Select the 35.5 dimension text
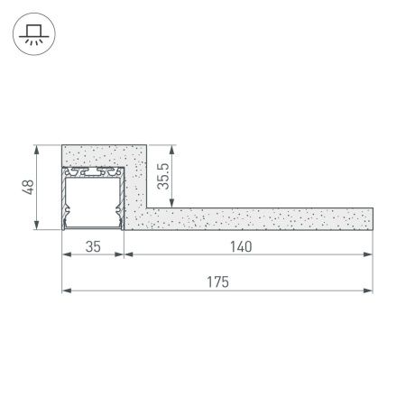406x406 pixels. (x=161, y=174)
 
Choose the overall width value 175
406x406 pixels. (x=217, y=282)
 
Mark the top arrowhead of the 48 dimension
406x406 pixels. (x=36, y=148)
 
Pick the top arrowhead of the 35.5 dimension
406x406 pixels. (x=172, y=148)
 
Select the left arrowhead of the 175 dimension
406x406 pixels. (x=66, y=291)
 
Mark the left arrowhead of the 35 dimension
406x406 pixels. (x=66, y=254)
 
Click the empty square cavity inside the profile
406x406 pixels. (x=91, y=198)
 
